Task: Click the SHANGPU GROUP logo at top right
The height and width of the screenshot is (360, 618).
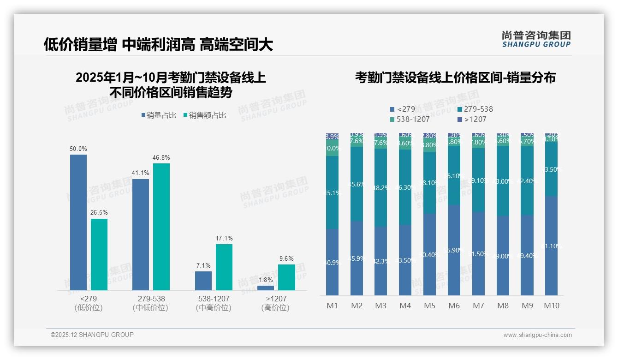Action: pyautogui.click(x=536, y=39)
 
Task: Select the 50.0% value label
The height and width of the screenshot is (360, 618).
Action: pyautogui.click(x=78, y=149)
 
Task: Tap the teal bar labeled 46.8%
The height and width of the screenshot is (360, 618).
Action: pyautogui.click(x=161, y=226)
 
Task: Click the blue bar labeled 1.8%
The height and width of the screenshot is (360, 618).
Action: pyautogui.click(x=265, y=288)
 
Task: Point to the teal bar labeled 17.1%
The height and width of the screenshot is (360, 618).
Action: pyautogui.click(x=224, y=267)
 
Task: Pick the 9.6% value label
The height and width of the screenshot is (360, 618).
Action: pyautogui.click(x=286, y=259)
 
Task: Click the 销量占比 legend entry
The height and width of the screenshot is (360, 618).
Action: pyautogui.click(x=159, y=115)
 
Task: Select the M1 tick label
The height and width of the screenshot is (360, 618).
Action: pyautogui.click(x=333, y=306)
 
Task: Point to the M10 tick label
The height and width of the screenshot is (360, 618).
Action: pyautogui.click(x=552, y=306)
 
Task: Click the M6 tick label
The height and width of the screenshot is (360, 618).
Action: pyautogui.click(x=454, y=306)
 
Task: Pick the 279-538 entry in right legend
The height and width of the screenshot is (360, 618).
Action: pyautogui.click(x=475, y=109)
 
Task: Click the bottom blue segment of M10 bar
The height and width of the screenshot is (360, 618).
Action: pyautogui.click(x=552, y=246)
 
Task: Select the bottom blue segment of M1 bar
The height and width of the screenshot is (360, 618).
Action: pyautogui.click(x=333, y=262)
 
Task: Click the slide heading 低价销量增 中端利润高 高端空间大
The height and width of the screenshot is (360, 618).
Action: pyautogui.click(x=158, y=44)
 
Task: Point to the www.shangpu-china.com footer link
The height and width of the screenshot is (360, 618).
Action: pyautogui.click(x=537, y=335)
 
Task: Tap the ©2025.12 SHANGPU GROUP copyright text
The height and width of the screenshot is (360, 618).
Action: pyautogui.click(x=92, y=335)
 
